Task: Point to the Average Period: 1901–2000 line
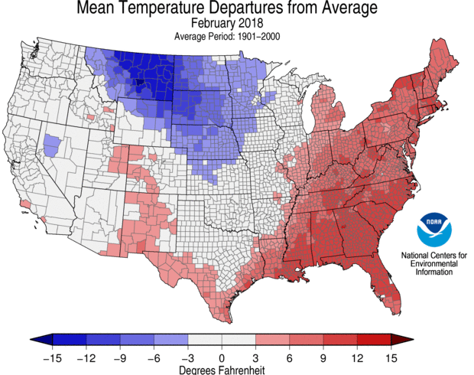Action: pyautogui.click(x=222, y=36)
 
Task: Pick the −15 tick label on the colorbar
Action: pyautogui.click(x=51, y=357)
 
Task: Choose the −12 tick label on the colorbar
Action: pyautogui.click(x=86, y=357)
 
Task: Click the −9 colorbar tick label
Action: pyautogui.click(x=119, y=357)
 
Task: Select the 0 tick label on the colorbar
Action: pyautogui.click(x=222, y=357)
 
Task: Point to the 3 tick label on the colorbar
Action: pyautogui.click(x=255, y=357)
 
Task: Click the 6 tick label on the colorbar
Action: pyautogui.click(x=290, y=357)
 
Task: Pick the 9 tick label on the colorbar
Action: pyautogui.click(x=323, y=357)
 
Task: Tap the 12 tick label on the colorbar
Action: pyautogui.click(x=358, y=357)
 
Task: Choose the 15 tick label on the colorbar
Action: pyautogui.click(x=392, y=357)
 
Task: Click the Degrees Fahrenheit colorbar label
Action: pyautogui.click(x=222, y=369)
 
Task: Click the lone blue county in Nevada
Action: pyautogui.click(x=53, y=144)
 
